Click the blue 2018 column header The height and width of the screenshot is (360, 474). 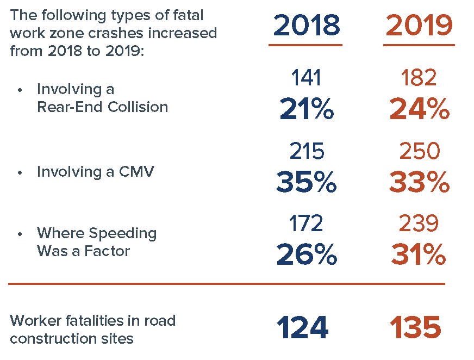pos(306,25)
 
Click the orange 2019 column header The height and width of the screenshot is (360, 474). pos(419,25)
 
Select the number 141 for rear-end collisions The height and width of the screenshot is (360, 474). pos(306,78)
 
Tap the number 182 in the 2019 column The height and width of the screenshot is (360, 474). pos(419,78)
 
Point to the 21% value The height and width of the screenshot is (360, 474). pos(306,110)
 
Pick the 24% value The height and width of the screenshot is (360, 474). pos(419,110)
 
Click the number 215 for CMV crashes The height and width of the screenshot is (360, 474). pos(306,152)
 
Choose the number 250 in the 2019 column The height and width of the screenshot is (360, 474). pos(419,152)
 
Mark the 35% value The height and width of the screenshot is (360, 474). pos(306,183)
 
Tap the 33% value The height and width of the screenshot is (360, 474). pos(419,183)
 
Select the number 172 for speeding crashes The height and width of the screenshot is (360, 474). pos(306,223)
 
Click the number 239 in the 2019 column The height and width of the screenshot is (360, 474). pos(419,223)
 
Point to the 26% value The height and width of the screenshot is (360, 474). pos(306,255)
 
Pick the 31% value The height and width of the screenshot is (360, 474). pos(418,255)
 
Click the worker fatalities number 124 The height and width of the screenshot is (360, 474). pos(303,328)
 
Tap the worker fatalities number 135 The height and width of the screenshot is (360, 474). pos(415,328)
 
